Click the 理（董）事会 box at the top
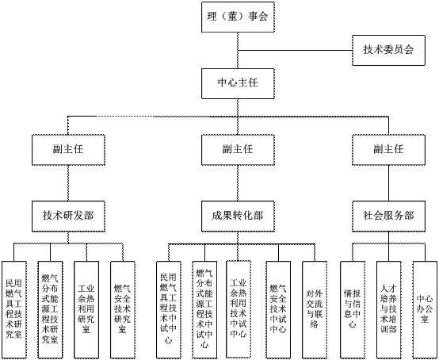coord(238,17)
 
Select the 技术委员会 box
coord(388,51)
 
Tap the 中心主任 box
coord(238,83)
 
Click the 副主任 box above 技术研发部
coord(68,150)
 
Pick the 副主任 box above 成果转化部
coord(238,150)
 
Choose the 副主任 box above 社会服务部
coord(388,150)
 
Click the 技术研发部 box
coord(68,216)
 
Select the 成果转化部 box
coord(238,216)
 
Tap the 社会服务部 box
coord(388,216)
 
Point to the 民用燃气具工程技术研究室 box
coord(14,310)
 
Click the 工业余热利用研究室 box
coord(86,310)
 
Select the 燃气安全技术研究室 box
coord(123,310)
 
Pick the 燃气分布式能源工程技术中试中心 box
coord(204,310)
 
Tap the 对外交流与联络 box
coord(315,310)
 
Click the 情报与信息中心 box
coord(353,310)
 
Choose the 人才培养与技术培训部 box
coord(388,310)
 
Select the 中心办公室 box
coord(425,310)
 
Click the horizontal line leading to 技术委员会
coord(295,51)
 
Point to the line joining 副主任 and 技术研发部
coord(68,183)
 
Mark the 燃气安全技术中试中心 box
coord(278,310)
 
